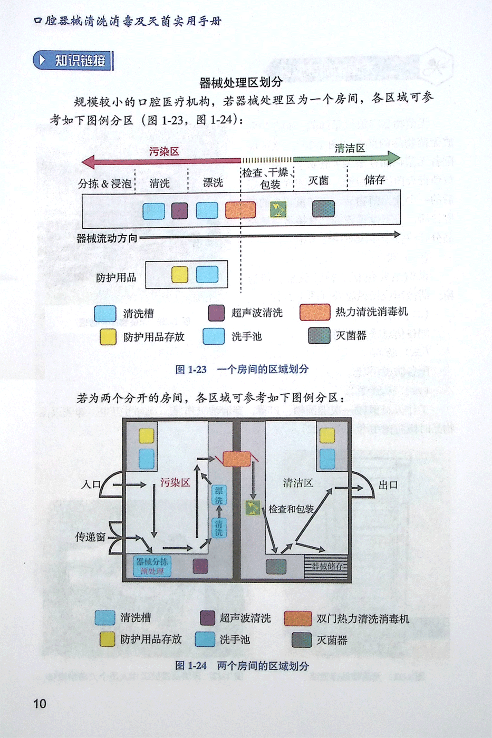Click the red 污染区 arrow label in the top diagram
[164, 152]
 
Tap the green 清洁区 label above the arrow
[350, 148]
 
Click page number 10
[40, 704]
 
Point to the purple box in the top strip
[179, 210]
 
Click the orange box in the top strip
[240, 210]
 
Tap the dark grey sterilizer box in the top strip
[323, 209]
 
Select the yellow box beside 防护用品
[180, 275]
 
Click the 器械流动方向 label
[107, 238]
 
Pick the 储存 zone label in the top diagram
[374, 180]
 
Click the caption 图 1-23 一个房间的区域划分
[242, 369]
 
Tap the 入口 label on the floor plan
[91, 484]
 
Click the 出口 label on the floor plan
[388, 485]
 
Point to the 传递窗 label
[90, 537]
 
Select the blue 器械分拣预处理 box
[152, 567]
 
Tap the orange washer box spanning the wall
[237, 459]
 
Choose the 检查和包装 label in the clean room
[291, 509]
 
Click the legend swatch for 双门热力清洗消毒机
[297, 618]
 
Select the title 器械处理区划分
[241, 82]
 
